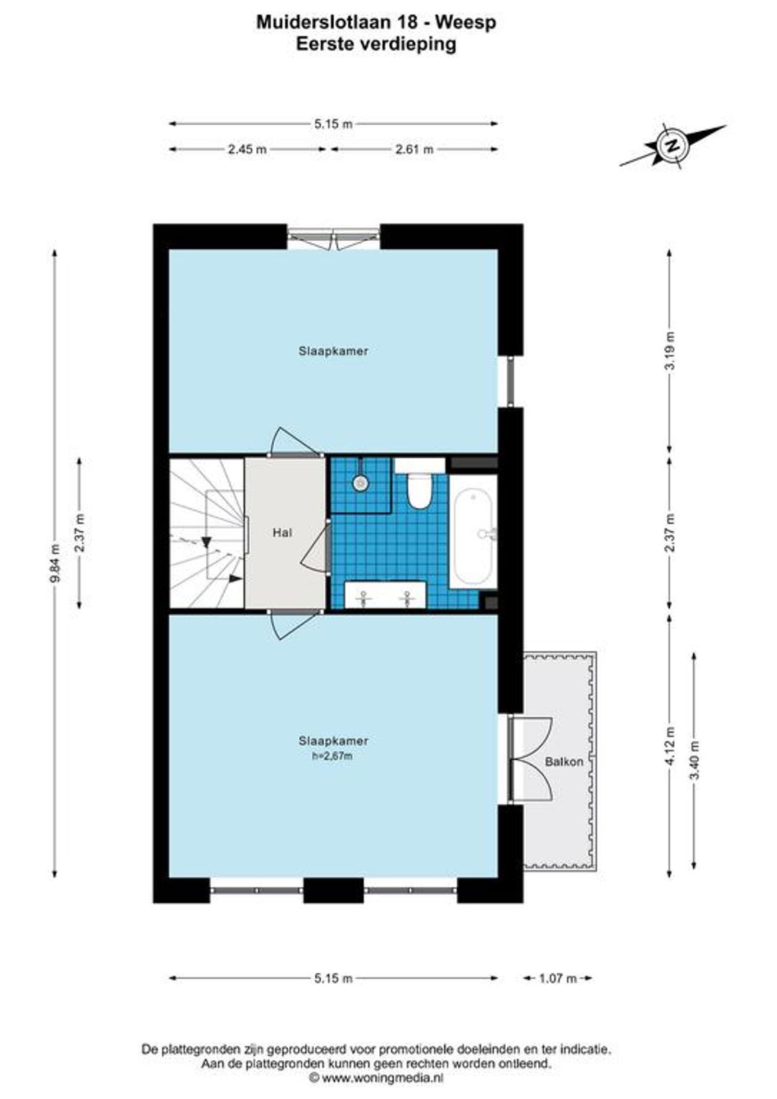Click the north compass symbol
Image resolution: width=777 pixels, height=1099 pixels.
[x=673, y=145]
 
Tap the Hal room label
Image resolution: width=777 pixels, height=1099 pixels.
[x=282, y=532]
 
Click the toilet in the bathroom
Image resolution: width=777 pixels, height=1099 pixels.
[x=419, y=489]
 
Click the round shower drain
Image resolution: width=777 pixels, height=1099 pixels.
[x=360, y=483]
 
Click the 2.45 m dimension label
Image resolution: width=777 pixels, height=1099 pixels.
[x=247, y=149]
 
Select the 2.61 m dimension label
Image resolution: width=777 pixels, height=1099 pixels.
[x=414, y=149]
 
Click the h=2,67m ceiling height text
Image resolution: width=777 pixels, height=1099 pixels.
[x=333, y=770]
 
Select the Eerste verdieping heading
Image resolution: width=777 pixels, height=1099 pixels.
[x=376, y=44]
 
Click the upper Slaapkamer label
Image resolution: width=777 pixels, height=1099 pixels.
[x=333, y=351]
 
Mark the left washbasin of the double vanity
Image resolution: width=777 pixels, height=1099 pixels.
[x=363, y=598]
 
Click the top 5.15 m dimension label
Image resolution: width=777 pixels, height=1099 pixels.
[x=333, y=124]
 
